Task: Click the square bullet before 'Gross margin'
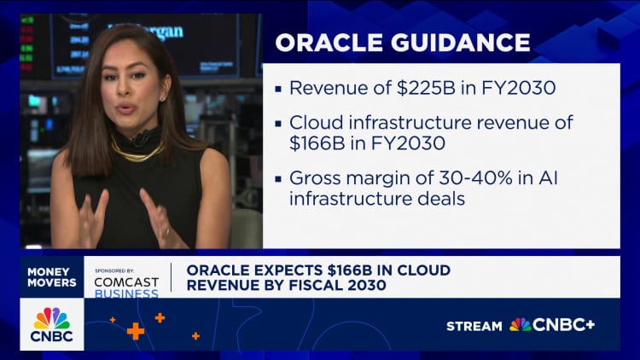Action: tap(278, 180)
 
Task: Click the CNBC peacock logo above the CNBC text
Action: tap(51, 318)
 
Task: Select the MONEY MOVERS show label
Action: tap(51, 276)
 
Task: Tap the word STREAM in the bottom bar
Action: tap(474, 325)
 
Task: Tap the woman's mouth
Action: tap(125, 108)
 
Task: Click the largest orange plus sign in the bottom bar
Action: tap(136, 331)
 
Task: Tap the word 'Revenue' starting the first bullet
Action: tap(321, 88)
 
